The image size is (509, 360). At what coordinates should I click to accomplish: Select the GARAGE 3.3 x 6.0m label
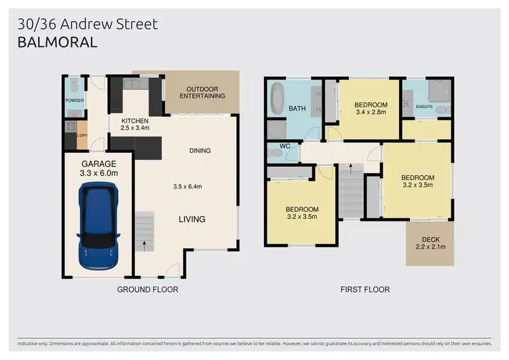coord(99,168)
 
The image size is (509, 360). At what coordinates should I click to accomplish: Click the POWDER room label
coord(75,101)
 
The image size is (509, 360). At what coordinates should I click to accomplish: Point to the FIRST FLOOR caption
coord(364,289)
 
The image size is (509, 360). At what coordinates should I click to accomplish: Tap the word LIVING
coord(192,219)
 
